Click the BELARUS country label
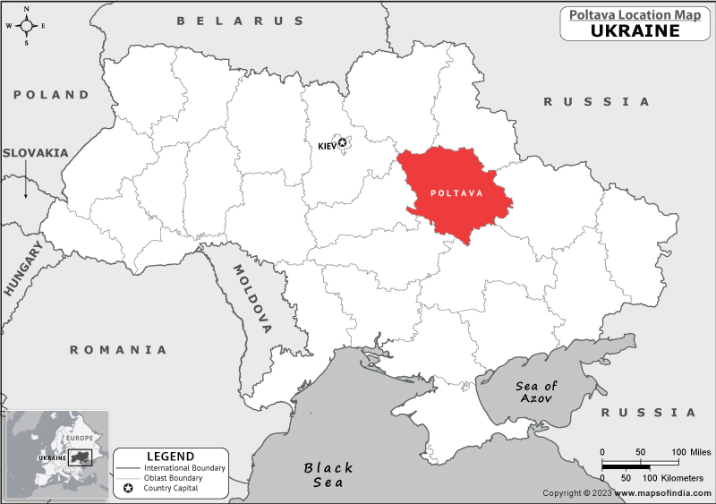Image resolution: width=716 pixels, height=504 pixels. point(241,21)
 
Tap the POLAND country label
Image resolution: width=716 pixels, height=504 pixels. point(52,94)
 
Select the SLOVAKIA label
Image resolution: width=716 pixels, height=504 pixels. point(35,152)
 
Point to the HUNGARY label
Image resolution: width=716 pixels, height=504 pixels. point(22,269)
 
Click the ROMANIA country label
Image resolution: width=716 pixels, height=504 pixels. point(119,350)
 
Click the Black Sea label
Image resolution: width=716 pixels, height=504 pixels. point(328,474)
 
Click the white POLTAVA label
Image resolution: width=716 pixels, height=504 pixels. point(456,193)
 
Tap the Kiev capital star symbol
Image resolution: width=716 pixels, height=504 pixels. point(342,143)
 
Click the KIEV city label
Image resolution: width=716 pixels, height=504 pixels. point(327,145)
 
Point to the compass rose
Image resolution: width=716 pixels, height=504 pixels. point(26,25)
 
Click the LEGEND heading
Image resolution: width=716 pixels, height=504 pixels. point(170,456)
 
